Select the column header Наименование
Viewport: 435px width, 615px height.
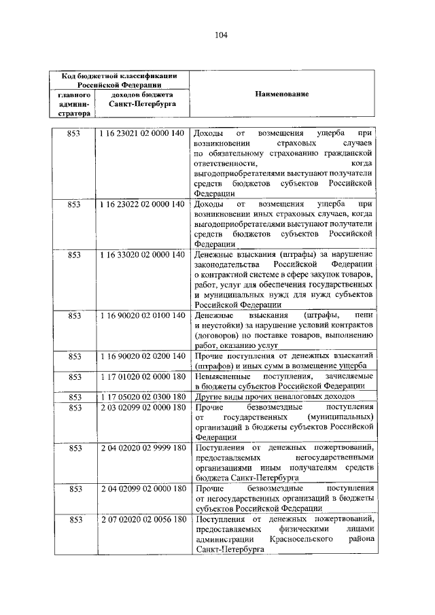[282, 95]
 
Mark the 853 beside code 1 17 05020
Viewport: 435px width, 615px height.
[75, 396]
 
